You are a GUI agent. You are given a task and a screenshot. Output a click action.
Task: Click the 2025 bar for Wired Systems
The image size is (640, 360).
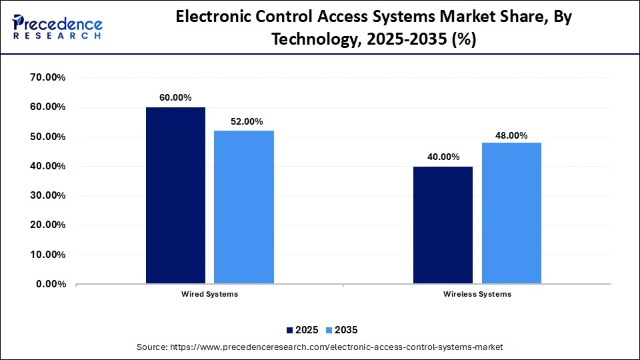click(x=175, y=195)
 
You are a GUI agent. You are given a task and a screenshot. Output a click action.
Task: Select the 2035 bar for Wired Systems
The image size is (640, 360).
click(x=243, y=207)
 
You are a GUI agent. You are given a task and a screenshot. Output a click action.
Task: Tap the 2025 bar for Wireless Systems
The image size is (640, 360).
click(x=443, y=225)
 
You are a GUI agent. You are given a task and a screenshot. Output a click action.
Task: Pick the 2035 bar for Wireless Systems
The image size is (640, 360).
click(x=511, y=213)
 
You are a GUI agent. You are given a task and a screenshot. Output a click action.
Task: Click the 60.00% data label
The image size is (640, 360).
click(x=175, y=97)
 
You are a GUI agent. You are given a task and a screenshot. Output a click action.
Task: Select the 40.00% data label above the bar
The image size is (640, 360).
click(x=443, y=157)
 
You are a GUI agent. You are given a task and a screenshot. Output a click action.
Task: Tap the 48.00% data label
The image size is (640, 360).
click(x=511, y=135)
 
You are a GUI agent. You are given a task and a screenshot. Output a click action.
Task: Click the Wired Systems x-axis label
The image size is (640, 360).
click(x=209, y=294)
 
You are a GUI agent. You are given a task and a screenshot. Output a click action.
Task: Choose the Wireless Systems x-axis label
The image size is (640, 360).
click(x=477, y=294)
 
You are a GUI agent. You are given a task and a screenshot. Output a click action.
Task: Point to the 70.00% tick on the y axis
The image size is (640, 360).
click(x=48, y=77)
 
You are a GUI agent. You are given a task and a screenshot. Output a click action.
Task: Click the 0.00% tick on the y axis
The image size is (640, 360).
click(x=51, y=284)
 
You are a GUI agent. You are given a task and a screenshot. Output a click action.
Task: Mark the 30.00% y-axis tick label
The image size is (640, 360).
click(x=48, y=195)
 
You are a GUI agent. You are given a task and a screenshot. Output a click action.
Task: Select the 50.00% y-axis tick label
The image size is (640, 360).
click(x=48, y=137)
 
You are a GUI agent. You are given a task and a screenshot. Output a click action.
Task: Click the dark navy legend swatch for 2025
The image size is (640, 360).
click(x=290, y=330)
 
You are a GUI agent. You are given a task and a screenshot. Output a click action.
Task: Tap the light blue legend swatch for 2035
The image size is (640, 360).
click(x=329, y=330)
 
